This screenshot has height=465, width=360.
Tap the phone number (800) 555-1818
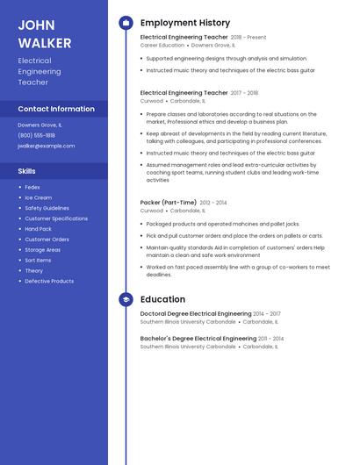36,135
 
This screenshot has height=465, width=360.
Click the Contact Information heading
56,109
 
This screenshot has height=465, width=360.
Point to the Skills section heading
27,171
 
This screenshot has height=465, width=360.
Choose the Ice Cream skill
38,197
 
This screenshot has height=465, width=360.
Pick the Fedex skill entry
32,187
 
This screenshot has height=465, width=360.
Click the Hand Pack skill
38,229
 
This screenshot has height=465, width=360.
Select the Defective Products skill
49,281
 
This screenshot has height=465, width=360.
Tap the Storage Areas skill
42,249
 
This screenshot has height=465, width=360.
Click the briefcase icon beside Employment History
126,23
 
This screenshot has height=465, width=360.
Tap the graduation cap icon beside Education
126,299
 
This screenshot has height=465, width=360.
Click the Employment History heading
185,23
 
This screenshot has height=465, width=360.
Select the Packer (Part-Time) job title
169,202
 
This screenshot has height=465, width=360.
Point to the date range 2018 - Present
248,38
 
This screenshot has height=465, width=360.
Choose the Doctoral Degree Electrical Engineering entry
196,313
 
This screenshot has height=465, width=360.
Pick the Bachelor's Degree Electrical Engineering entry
198,338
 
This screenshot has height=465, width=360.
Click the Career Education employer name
162,45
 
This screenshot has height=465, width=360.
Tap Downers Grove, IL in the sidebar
40,125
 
